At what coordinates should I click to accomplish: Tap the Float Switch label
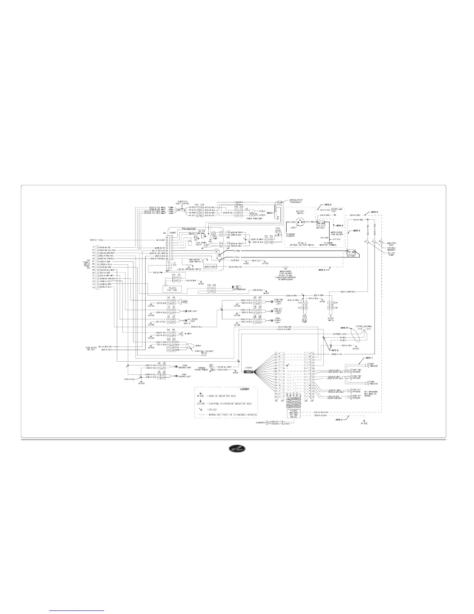331,320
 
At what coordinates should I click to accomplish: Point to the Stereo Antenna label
364,326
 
